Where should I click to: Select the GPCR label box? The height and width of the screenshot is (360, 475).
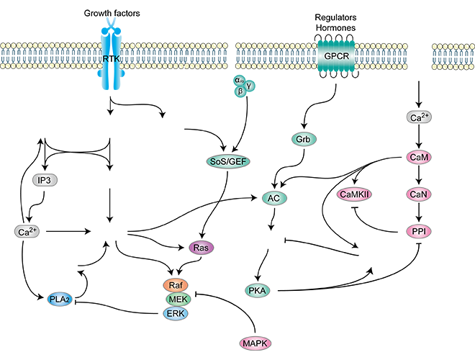(335, 54)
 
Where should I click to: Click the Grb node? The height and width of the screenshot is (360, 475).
(302, 138)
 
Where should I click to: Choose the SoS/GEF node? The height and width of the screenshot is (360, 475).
(227, 162)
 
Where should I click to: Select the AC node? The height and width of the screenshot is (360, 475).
(273, 198)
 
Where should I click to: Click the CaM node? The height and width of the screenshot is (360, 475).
(418, 156)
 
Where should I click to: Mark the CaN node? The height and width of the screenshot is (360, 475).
(418, 194)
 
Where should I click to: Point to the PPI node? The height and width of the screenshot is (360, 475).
(418, 231)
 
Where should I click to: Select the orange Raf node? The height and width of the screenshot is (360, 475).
(176, 286)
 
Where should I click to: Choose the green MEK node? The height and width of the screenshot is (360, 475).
(176, 300)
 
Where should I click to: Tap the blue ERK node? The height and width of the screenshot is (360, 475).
(176, 312)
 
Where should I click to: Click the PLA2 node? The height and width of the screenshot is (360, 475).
(62, 299)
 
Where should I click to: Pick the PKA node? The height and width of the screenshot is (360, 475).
(257, 291)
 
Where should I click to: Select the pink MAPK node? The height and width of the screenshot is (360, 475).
(255, 344)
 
